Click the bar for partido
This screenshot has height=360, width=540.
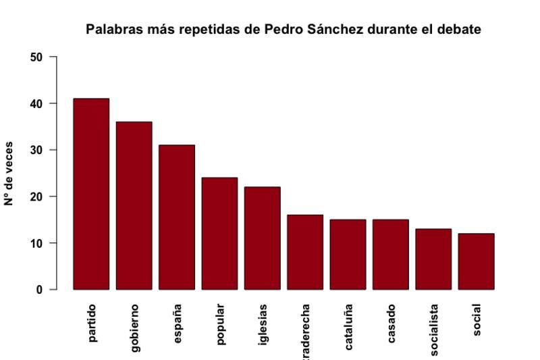(91, 194)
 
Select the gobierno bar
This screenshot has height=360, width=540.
(134, 205)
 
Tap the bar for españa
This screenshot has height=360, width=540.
(177, 217)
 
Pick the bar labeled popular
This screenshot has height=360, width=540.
(219, 233)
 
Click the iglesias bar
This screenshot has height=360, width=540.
(262, 238)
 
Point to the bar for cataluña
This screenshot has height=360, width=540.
(348, 254)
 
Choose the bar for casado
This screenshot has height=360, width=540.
(390, 254)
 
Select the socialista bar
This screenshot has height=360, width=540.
(433, 259)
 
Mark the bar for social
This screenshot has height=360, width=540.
(476, 261)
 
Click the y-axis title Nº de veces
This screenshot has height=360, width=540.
(9, 173)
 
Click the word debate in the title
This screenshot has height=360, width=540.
(460, 30)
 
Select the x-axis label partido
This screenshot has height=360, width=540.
(92, 324)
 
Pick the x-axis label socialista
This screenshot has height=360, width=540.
(434, 329)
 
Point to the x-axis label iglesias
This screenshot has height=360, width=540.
(263, 325)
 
